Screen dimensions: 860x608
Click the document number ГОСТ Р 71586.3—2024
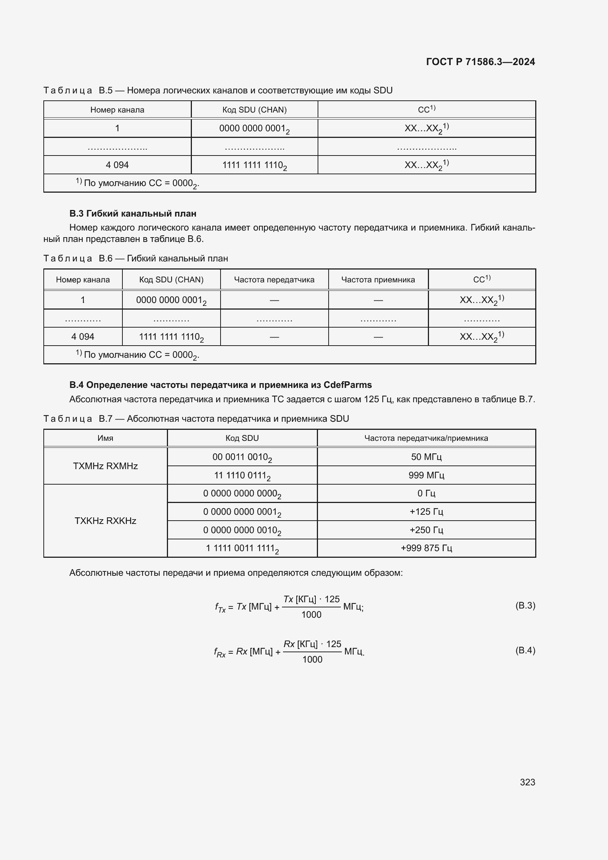click(x=480, y=62)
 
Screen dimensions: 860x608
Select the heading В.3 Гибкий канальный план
click(x=133, y=214)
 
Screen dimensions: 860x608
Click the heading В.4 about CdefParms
click(x=221, y=385)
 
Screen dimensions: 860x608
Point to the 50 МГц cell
click(x=426, y=457)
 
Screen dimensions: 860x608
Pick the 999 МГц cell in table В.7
click(x=426, y=475)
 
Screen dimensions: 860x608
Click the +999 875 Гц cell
click(x=426, y=548)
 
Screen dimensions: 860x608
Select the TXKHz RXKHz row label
click(x=105, y=521)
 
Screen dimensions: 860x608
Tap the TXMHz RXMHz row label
click(x=105, y=466)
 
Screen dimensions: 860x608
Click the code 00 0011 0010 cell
click(x=242, y=457)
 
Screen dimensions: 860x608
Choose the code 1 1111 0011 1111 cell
click(x=242, y=548)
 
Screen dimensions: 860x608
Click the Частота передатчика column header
click(x=274, y=279)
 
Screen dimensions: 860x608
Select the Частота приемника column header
click(x=378, y=279)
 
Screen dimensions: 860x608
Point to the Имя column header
click(x=105, y=438)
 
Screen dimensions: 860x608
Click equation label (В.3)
click(x=525, y=605)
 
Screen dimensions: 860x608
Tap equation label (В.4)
click(x=525, y=650)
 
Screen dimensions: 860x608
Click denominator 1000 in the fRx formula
click(x=312, y=660)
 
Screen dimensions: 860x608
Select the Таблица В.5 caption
click(x=218, y=90)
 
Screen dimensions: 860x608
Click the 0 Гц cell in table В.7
click(x=426, y=493)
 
